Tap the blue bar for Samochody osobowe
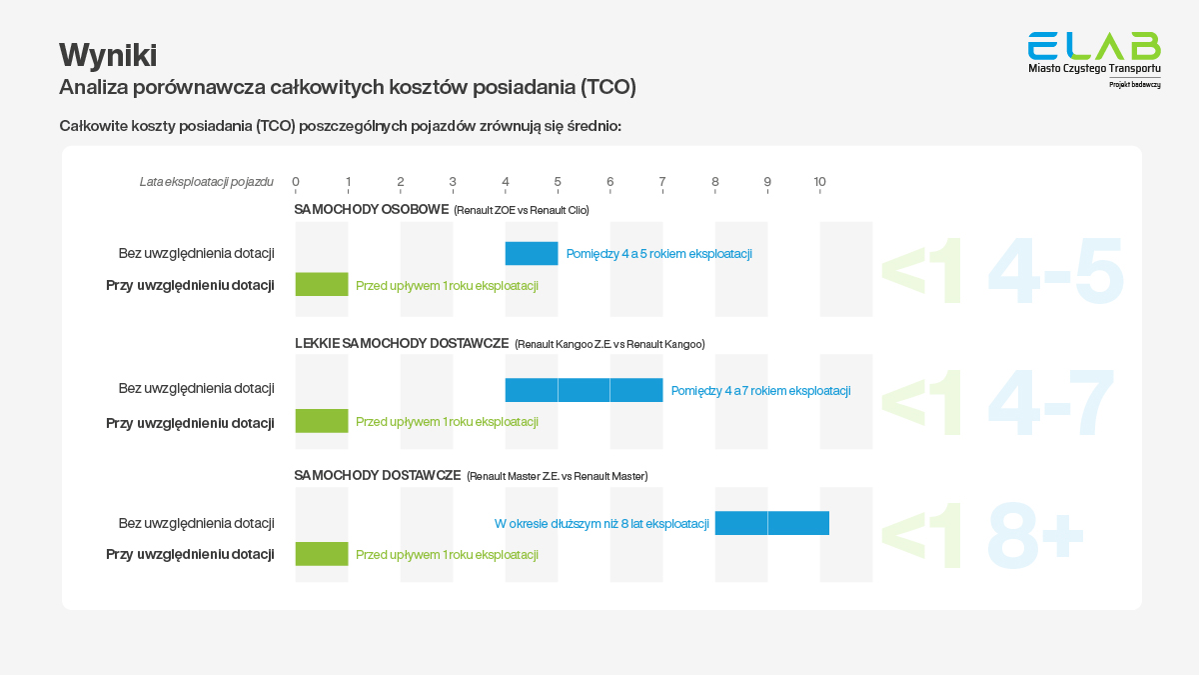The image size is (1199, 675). click(532, 254)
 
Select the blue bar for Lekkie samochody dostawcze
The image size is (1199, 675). click(584, 390)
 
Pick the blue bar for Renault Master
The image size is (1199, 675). click(771, 523)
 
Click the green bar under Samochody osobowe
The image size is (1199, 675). click(322, 285)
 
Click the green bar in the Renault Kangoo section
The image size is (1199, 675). click(322, 421)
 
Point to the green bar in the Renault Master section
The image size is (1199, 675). click(322, 554)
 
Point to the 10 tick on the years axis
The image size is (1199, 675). click(819, 182)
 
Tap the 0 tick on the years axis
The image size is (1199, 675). click(296, 182)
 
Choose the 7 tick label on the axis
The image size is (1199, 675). click(662, 182)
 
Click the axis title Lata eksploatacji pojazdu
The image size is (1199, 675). click(206, 182)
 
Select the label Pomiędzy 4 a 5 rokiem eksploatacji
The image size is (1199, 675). click(658, 254)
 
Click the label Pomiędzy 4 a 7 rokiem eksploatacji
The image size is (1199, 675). click(760, 391)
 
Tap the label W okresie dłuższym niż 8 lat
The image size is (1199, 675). click(601, 523)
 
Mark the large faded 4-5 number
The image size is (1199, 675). click(1055, 272)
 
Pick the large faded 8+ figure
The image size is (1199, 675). click(1034, 537)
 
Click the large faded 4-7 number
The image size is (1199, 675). click(1050, 405)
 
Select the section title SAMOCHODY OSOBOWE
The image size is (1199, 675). click(371, 210)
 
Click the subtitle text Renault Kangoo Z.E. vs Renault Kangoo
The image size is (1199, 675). click(609, 344)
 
